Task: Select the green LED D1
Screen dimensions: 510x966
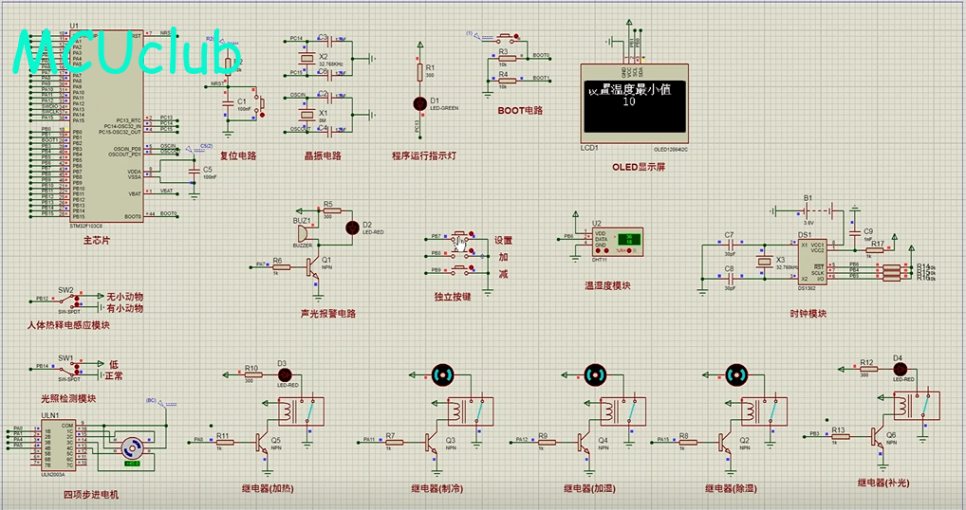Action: [x=419, y=101]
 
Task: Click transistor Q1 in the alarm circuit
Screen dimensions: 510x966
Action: [x=315, y=269]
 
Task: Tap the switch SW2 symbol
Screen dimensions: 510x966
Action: [x=65, y=301]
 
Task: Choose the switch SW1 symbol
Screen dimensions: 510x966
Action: [x=65, y=369]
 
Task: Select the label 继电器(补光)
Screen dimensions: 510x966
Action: [x=882, y=483]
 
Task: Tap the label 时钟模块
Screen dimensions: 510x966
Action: [x=808, y=313]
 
